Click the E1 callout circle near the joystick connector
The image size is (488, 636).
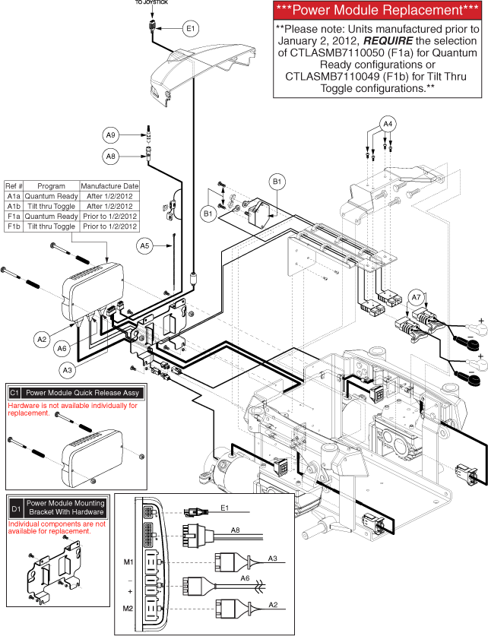(190, 28)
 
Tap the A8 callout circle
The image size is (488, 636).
(111, 157)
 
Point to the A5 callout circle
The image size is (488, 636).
(145, 245)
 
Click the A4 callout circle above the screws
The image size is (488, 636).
(388, 123)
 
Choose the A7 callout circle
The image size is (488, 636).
(417, 297)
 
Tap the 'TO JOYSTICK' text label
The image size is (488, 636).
(152, 3)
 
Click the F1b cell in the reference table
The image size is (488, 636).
(14, 226)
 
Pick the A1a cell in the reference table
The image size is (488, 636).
(14, 196)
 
